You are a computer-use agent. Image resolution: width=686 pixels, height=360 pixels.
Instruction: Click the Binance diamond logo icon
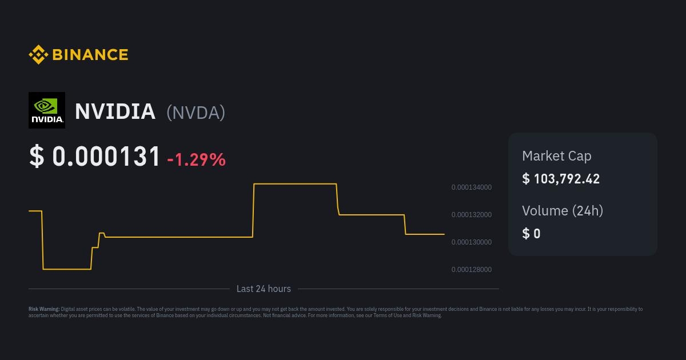pyautogui.click(x=38, y=54)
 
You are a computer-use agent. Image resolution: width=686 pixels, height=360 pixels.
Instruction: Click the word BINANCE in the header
pyautogui.click(x=90, y=55)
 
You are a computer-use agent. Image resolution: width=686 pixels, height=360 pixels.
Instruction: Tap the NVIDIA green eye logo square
pyautogui.click(x=47, y=110)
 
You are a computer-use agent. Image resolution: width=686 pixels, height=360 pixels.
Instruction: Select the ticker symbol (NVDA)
pyautogui.click(x=196, y=113)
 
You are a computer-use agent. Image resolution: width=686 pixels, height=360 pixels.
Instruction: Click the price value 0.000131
pyautogui.click(x=106, y=156)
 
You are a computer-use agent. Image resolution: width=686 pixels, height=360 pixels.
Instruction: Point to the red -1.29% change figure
pyautogui.click(x=196, y=159)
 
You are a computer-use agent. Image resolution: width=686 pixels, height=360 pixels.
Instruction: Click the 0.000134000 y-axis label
pyautogui.click(x=472, y=187)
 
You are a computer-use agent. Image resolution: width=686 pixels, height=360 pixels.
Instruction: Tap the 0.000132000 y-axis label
pyautogui.click(x=472, y=215)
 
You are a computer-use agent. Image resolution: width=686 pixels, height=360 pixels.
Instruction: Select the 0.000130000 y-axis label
pyautogui.click(x=472, y=242)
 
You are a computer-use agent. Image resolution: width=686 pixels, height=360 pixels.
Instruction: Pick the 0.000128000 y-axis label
pyautogui.click(x=472, y=270)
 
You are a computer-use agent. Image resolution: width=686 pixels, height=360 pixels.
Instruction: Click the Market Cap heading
pyautogui.click(x=557, y=156)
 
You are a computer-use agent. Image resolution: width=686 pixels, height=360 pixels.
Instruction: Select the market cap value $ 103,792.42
pyautogui.click(x=561, y=179)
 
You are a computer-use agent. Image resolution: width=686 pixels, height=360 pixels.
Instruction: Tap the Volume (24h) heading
pyautogui.click(x=563, y=211)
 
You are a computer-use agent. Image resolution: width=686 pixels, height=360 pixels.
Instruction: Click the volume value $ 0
pyautogui.click(x=531, y=234)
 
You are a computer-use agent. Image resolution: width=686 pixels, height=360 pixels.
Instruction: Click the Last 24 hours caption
pyautogui.click(x=264, y=289)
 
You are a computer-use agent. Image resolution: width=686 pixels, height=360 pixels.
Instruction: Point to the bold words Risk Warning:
pyautogui.click(x=44, y=309)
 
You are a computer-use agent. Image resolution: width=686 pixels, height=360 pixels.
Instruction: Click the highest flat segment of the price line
pyautogui.click(x=295, y=183)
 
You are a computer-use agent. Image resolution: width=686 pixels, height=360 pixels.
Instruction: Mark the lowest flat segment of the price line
pyautogui.click(x=67, y=269)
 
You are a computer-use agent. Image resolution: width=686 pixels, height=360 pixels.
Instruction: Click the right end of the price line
pyautogui.click(x=444, y=234)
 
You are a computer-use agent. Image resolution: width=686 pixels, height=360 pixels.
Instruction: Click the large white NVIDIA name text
pyautogui.click(x=115, y=111)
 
